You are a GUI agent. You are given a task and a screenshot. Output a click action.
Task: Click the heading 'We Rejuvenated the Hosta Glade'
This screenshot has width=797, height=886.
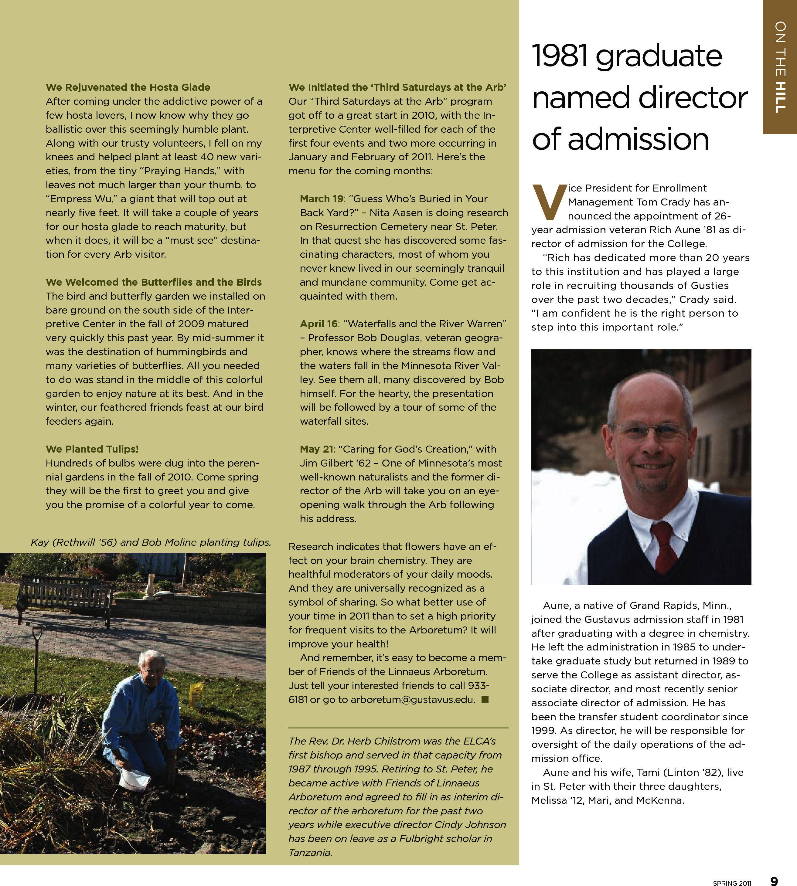point(128,87)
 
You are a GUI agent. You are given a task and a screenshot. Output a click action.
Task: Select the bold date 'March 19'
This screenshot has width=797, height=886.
point(322,199)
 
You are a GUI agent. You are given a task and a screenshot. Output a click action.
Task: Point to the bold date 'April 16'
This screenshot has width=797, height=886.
point(318,324)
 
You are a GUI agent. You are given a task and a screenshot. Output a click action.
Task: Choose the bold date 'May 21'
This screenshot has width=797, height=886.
point(316,449)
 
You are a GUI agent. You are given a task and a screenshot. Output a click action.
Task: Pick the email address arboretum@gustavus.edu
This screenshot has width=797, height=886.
point(413,700)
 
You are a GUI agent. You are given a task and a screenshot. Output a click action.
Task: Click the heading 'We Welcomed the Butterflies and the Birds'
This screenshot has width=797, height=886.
point(154,282)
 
